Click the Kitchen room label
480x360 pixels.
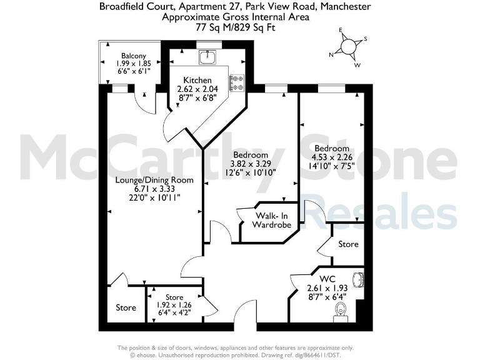[x=197, y=80]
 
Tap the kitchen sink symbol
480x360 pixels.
[x=207, y=57]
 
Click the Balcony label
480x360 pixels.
[x=134, y=56]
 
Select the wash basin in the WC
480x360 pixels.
[x=359, y=279]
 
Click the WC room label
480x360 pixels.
[x=327, y=278]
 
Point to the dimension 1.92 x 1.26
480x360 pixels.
[x=174, y=306]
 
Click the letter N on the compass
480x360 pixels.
[x=331, y=54]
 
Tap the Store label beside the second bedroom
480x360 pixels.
[x=348, y=244]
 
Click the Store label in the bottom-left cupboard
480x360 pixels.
[x=126, y=307]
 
